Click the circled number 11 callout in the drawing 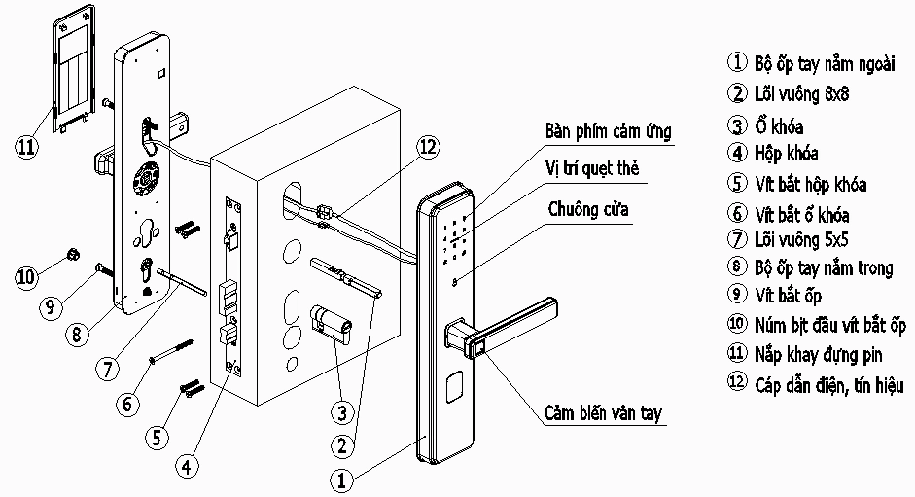click(26, 148)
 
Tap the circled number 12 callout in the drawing click(427, 148)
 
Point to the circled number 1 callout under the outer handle click(340, 479)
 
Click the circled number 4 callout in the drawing click(188, 465)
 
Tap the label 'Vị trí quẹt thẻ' click(593, 168)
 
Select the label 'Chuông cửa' click(588, 208)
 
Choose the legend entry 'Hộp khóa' click(786, 153)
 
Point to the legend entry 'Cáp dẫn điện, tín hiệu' click(827, 385)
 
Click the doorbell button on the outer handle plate click(456, 283)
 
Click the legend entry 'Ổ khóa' click(778, 125)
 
